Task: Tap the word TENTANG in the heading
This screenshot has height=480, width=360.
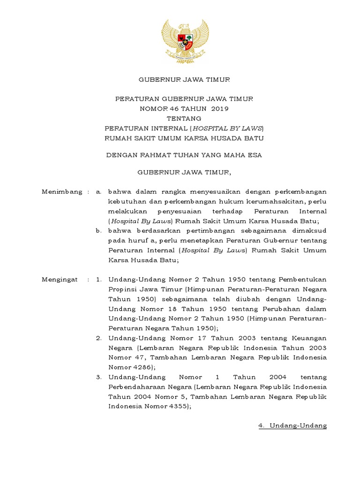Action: pos(184,118)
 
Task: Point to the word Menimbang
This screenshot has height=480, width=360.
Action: pos(59,192)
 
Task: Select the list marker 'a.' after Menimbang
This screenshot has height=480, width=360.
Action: pos(98,192)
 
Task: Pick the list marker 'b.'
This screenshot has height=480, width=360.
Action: pos(98,231)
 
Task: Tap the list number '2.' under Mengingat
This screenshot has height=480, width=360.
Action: pos(98,338)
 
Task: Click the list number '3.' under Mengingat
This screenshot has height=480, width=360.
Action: pos(98,377)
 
